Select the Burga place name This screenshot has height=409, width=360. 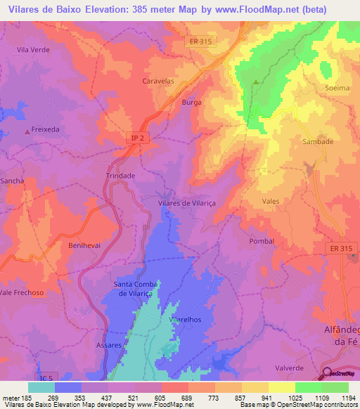click(x=191, y=102)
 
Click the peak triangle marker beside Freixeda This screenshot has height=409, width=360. click(x=27, y=131)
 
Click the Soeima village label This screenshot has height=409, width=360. click(x=337, y=88)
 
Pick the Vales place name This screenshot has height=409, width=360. click(x=270, y=201)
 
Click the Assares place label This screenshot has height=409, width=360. click(x=108, y=346)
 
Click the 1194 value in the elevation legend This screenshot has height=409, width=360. click(x=349, y=398)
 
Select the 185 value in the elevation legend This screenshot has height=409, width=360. click(x=29, y=398)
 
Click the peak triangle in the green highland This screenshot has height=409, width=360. click(x=255, y=82)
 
